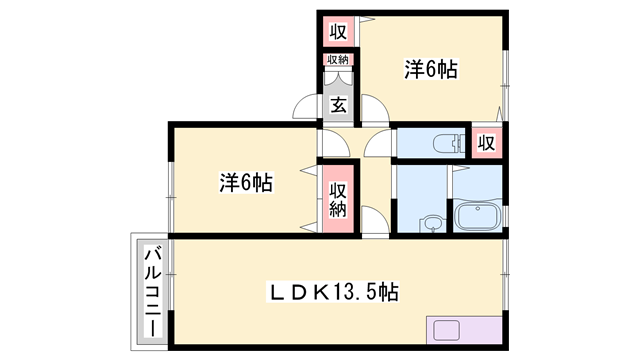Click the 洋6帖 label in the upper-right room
pos(431,70)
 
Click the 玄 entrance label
pos(339,105)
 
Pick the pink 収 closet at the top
pos(338,32)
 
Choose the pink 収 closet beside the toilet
pos(486,142)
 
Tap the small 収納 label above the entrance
pos(338,60)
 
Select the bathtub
pos(477,216)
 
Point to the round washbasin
pos(432,222)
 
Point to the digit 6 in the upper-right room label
pos(436,70)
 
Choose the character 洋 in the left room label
pos(228,183)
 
